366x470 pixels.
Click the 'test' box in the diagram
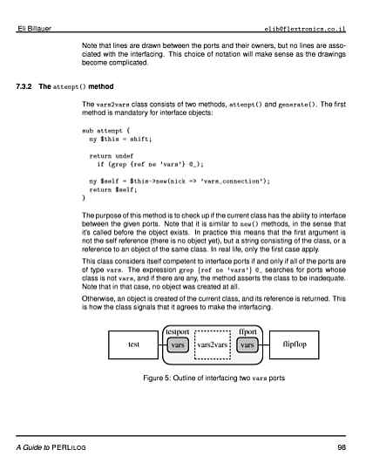[133, 344]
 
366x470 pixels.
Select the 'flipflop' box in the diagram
[295, 344]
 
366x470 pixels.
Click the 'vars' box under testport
[178, 345]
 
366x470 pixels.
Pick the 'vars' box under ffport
[247, 345]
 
